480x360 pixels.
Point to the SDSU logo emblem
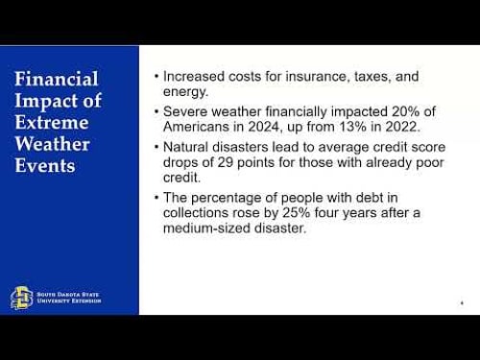(21, 298)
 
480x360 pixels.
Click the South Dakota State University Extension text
(67, 298)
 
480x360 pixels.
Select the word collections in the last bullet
(198, 214)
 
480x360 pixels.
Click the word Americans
(198, 129)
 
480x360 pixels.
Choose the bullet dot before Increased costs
(156, 77)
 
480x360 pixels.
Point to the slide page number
(462, 303)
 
